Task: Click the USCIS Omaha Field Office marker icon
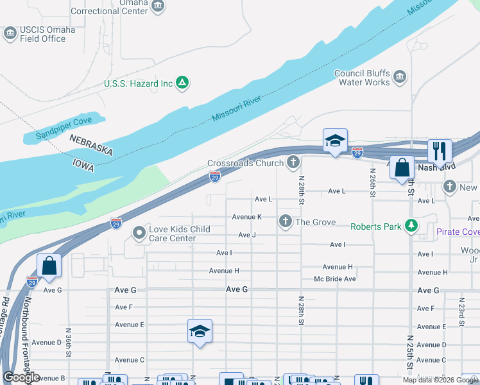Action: point(10,33)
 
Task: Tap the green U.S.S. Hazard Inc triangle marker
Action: point(182,83)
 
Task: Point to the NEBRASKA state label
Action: point(90,146)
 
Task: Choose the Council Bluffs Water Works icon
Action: point(400,78)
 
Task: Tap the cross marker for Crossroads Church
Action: point(293,163)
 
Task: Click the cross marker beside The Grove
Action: point(286,222)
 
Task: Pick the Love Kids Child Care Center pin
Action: point(138,233)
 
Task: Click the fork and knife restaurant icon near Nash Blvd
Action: point(440,151)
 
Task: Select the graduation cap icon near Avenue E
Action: point(200,331)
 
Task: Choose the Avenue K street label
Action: point(246,217)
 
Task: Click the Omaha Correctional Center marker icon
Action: point(158,6)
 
